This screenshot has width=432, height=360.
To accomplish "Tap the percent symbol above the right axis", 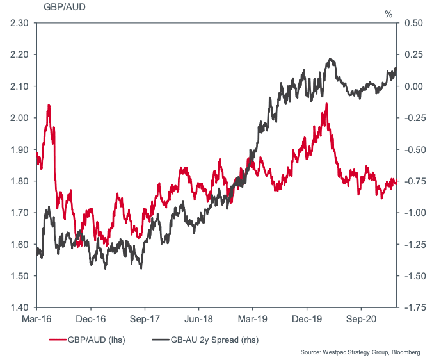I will coord(388,13).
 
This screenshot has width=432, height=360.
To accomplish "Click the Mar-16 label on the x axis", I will coord(37,318).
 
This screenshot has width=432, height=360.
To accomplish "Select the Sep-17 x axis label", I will coord(144,318).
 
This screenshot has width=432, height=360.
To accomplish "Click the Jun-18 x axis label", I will coord(198,318).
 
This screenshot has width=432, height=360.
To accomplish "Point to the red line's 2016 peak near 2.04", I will coord(49,105).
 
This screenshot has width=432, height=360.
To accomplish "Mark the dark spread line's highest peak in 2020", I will coord(330,59).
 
